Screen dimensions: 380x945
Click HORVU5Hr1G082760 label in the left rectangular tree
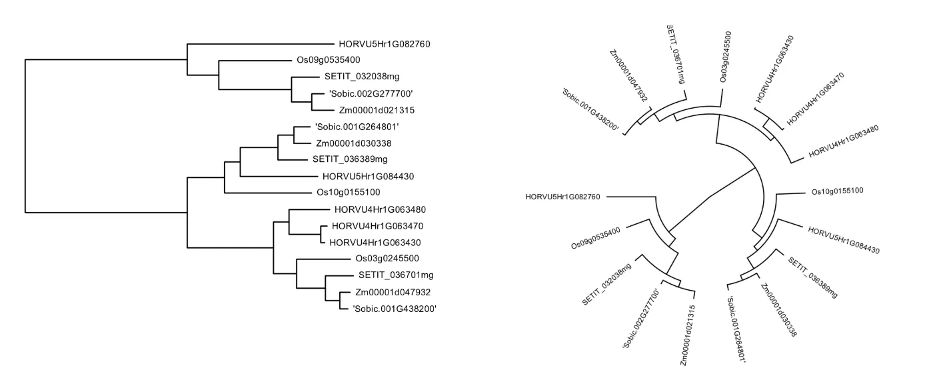385,45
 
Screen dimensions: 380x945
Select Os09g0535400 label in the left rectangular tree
329,60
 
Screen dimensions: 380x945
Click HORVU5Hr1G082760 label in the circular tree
563,197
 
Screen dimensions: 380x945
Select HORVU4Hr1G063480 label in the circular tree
844,141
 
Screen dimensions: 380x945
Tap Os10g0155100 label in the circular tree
837,191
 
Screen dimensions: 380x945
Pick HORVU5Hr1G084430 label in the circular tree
843,240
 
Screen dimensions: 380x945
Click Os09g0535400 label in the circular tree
596,239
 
